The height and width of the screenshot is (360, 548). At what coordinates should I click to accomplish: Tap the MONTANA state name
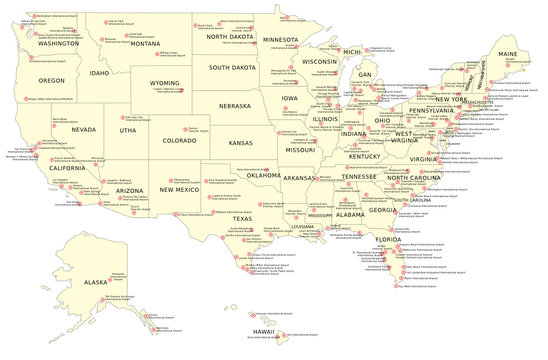pos(145,43)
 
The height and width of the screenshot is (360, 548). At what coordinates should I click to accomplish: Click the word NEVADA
pos(83,129)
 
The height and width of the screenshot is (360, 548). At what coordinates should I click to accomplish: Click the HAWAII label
pos(262,330)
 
